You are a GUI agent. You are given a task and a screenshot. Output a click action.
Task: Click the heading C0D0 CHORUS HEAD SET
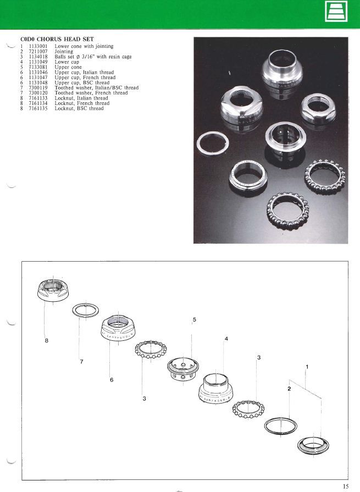click(x=57, y=39)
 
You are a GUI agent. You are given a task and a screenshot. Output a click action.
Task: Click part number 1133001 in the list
click(x=38, y=46)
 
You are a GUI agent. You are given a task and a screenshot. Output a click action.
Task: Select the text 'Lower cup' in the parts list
click(x=67, y=62)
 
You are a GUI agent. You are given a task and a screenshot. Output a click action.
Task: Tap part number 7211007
click(x=38, y=52)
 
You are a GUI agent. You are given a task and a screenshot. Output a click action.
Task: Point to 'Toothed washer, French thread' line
click(x=91, y=93)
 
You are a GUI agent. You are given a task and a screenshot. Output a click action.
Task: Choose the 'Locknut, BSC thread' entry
click(x=79, y=108)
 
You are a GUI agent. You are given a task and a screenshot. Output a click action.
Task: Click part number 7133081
click(x=38, y=67)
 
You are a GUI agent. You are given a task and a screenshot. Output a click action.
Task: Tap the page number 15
click(x=345, y=487)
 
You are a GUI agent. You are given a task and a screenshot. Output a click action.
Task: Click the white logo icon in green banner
click(x=336, y=12)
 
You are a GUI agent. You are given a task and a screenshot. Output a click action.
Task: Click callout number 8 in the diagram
click(x=46, y=340)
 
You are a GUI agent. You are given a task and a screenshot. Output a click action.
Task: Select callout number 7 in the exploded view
click(x=81, y=362)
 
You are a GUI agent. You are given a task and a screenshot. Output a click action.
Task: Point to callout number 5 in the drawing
click(x=195, y=319)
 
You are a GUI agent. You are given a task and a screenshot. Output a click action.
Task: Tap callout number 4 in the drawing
click(x=226, y=339)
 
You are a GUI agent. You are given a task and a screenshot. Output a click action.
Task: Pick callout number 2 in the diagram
click(x=289, y=389)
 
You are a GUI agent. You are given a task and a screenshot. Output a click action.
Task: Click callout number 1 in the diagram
click(x=307, y=367)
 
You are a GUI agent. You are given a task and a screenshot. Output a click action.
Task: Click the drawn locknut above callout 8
click(x=52, y=290)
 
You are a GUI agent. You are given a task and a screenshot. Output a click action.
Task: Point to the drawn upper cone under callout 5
click(x=183, y=369)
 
